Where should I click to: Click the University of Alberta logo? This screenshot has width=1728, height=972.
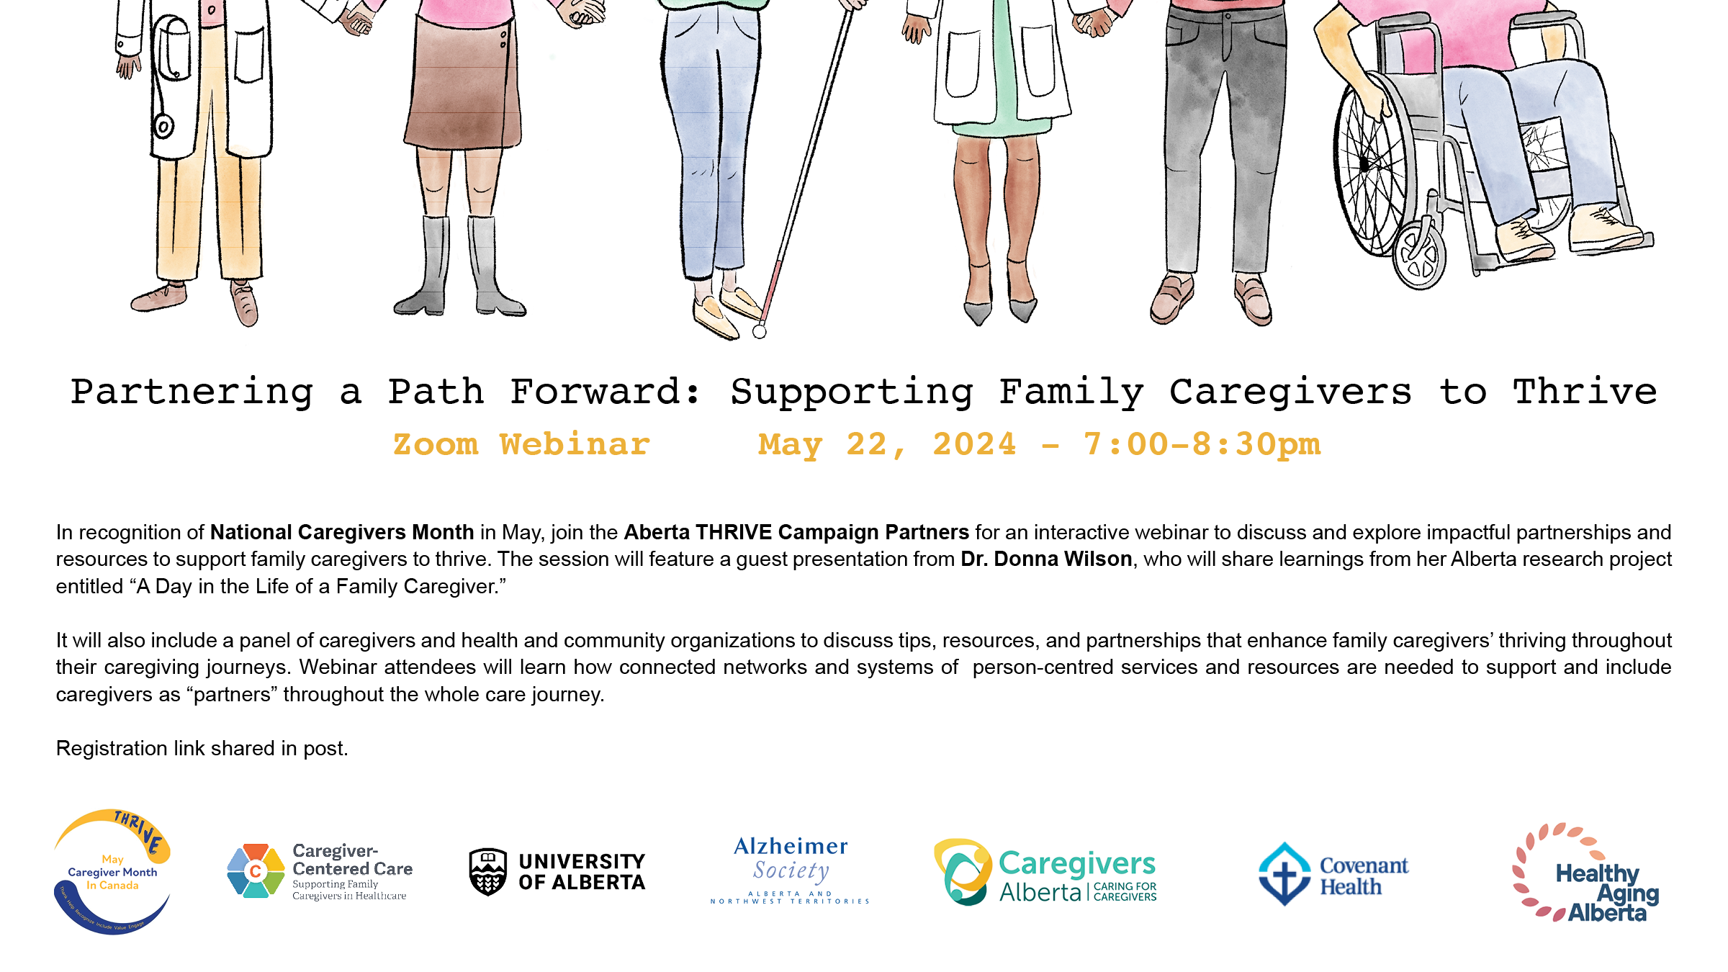coord(557,872)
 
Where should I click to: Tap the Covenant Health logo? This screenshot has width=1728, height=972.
coord(1333,874)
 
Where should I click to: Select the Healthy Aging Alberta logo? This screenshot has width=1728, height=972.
coord(1585,873)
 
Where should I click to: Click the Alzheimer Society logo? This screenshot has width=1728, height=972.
coord(790,870)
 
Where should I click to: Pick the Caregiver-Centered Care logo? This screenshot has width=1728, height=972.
coord(320,871)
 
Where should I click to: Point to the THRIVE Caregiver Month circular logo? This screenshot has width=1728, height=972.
coord(112,871)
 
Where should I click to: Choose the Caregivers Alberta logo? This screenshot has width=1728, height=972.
coord(1045,872)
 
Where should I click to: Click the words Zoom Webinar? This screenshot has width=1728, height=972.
coord(521,444)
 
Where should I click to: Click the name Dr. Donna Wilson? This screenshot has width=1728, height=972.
coord(1046,559)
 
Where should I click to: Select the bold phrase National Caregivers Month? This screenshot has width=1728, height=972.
coord(342,532)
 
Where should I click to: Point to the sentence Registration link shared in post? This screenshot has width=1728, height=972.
coord(202,749)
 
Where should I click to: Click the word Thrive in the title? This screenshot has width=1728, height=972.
coord(1585,392)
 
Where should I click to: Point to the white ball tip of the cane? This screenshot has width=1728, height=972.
coord(760,332)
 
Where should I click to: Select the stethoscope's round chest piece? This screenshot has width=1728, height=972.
coord(163,127)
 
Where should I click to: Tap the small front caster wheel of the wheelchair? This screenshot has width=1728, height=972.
coord(1418,255)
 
